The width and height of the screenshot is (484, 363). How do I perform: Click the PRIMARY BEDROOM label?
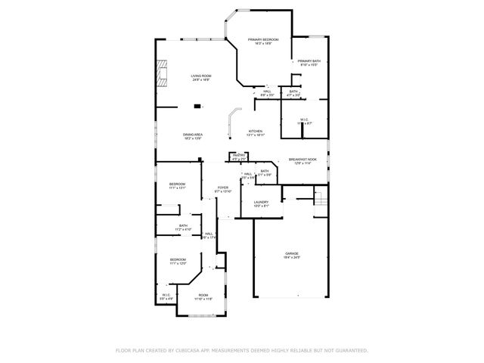click(263, 39)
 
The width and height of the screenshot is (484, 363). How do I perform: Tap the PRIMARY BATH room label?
click(309, 61)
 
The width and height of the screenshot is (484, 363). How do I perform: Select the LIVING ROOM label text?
click(201, 76)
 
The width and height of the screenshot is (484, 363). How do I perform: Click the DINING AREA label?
click(193, 135)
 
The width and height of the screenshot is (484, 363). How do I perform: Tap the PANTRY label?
click(238, 156)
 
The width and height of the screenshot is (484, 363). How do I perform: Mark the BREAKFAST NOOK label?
click(302, 160)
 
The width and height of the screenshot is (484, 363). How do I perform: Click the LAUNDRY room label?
click(262, 202)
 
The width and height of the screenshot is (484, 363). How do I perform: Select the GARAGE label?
click(292, 253)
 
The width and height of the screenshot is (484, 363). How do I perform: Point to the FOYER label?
click(222, 188)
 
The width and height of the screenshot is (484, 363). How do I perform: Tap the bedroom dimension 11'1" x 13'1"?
click(178, 188)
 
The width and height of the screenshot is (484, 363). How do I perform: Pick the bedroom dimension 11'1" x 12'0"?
click(178, 263)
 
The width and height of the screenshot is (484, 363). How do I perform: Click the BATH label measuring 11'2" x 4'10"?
click(184, 229)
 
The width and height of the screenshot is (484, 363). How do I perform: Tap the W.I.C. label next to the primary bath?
click(304, 119)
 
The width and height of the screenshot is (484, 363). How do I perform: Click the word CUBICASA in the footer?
click(185, 351)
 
